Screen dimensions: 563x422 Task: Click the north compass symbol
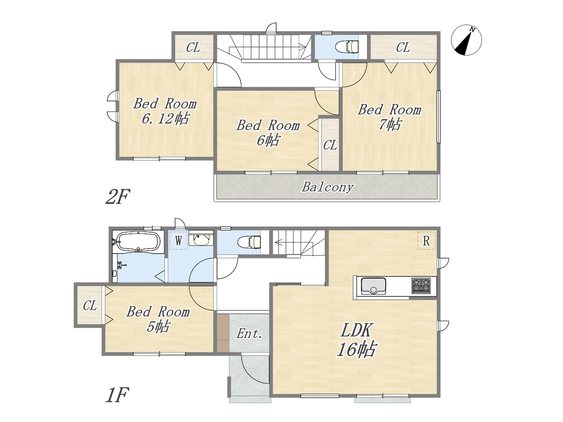(466, 40)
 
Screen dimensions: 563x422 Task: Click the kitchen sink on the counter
(373, 286)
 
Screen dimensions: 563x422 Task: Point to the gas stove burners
(421, 285)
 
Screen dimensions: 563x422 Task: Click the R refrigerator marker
(426, 240)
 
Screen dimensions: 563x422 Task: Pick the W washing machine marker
(179, 240)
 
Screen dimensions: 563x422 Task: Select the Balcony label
(328, 187)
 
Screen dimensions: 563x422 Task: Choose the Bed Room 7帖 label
(390, 117)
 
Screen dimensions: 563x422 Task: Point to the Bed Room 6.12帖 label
(165, 111)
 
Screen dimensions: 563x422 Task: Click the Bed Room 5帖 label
(158, 319)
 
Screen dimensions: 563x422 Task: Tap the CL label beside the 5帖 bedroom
(90, 306)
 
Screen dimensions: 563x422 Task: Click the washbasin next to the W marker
(201, 238)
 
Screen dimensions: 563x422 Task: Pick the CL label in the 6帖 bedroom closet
(330, 145)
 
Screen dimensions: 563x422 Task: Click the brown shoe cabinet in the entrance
(223, 333)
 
